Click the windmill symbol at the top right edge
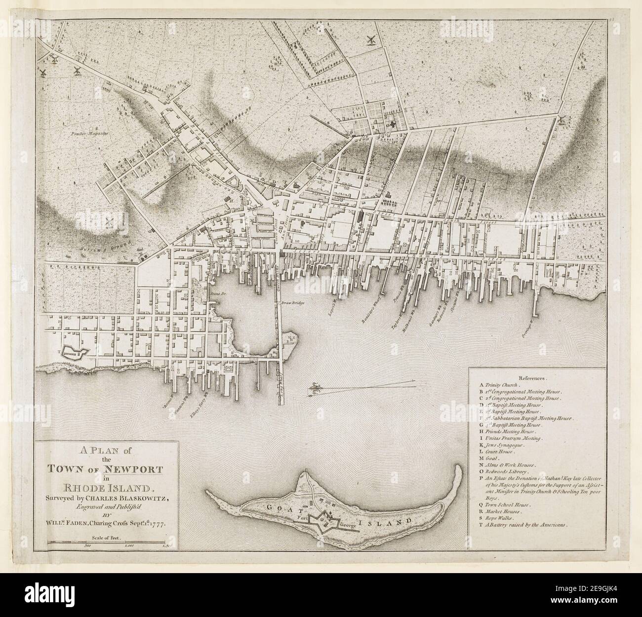[x=562, y=120]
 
